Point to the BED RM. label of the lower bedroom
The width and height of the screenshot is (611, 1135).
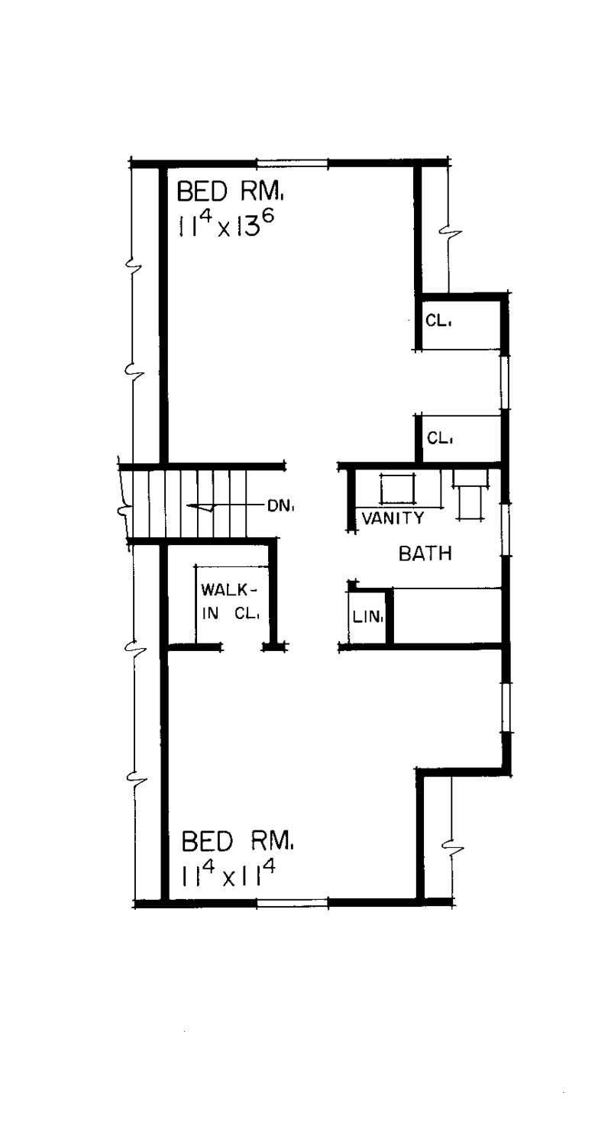237,842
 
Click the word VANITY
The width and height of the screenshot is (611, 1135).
393,518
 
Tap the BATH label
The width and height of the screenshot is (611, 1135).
425,553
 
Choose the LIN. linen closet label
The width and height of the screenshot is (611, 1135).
367,618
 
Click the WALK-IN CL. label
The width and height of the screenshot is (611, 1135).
230,602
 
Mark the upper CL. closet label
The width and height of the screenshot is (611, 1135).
438,321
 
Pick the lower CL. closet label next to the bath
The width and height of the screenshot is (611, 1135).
439,438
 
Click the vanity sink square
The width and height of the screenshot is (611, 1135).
397,489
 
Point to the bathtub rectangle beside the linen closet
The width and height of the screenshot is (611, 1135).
448,617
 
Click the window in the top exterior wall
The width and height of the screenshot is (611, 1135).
292,163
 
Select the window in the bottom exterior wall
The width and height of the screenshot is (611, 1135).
292,903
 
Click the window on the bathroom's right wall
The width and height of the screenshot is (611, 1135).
504,528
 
